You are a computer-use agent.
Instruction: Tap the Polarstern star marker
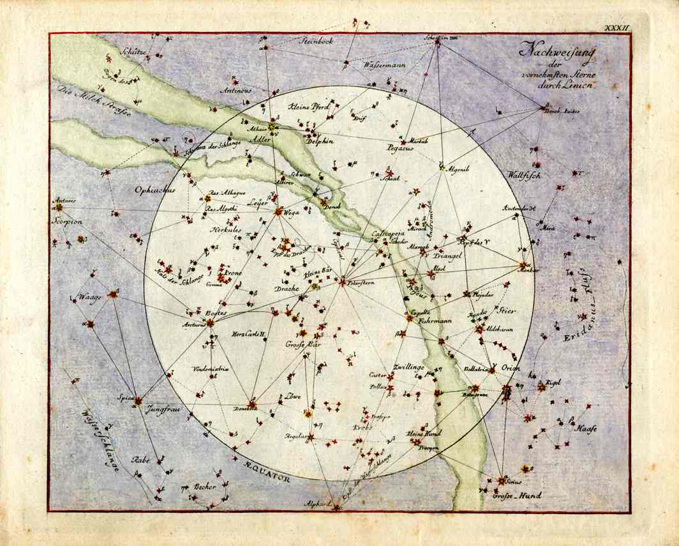(343, 281)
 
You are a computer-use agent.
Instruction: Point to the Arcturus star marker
(211, 322)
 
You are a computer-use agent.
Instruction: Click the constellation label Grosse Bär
(302, 345)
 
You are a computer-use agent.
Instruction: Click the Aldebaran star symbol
(479, 330)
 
